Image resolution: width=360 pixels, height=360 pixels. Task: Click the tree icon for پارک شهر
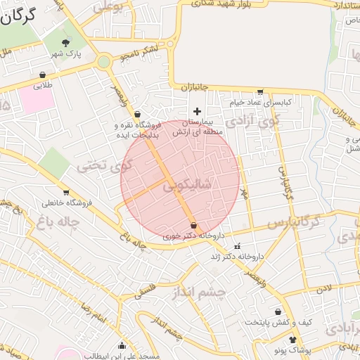click(67, 42)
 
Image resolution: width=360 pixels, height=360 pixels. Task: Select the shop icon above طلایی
click(44, 75)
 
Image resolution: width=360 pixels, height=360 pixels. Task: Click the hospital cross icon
click(197, 111)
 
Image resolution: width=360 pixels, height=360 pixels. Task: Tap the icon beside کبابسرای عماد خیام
click(261, 92)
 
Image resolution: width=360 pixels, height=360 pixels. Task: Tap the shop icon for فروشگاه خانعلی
click(67, 192)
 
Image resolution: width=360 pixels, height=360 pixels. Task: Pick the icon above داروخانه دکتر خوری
click(193, 225)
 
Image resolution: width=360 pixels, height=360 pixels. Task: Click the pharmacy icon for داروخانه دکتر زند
click(237, 246)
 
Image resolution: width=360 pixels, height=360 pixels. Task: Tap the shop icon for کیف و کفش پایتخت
click(278, 311)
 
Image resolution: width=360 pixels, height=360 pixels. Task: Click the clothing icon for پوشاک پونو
click(293, 340)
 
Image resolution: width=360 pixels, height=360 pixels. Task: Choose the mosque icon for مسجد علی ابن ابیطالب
click(122, 346)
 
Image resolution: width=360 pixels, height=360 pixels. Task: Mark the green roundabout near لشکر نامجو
click(104, 62)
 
